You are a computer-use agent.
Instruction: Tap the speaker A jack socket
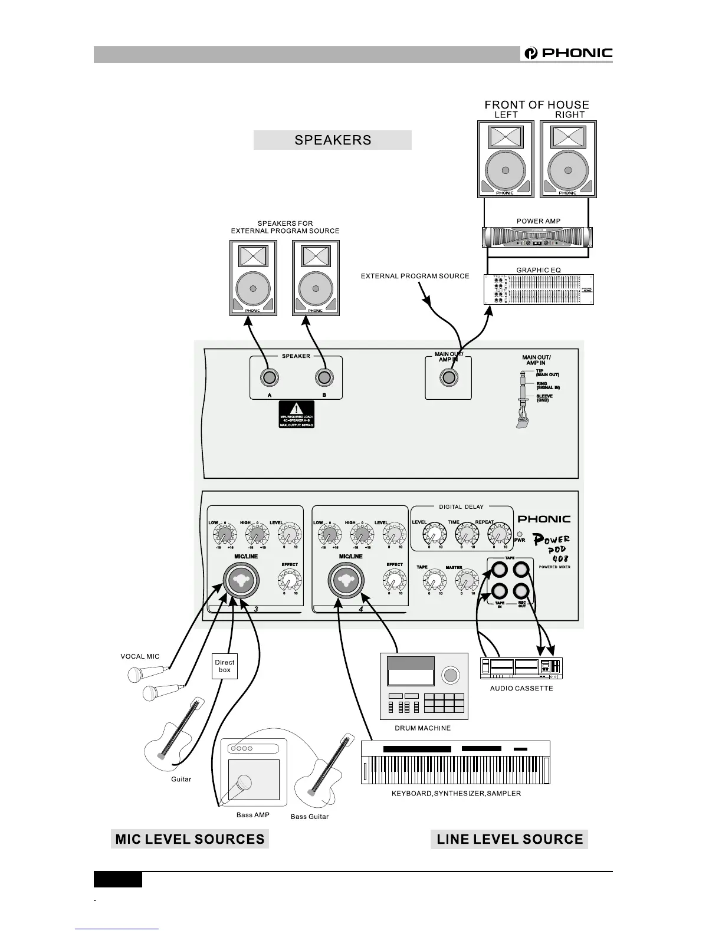[x=269, y=377]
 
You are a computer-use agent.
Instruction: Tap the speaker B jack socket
[x=323, y=377]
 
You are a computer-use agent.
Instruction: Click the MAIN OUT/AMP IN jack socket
[x=449, y=377]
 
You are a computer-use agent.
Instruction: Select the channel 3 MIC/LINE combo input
[x=241, y=581]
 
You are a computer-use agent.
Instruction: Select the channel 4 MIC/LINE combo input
[x=346, y=581]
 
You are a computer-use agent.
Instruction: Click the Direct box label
[x=225, y=666]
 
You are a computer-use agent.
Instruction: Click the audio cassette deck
[x=521, y=668]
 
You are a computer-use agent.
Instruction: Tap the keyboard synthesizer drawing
[x=455, y=762]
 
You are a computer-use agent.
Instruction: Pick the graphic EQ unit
[x=539, y=290]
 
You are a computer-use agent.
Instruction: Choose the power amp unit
[x=537, y=237]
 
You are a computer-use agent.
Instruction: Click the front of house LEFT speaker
[x=506, y=159]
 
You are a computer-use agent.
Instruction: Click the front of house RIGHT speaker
[x=568, y=159]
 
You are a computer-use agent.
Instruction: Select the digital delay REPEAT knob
[x=498, y=535]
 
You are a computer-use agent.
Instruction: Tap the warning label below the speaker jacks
[x=296, y=415]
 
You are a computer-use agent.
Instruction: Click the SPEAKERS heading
[x=333, y=140]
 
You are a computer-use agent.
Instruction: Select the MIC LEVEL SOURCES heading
[x=190, y=839]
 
